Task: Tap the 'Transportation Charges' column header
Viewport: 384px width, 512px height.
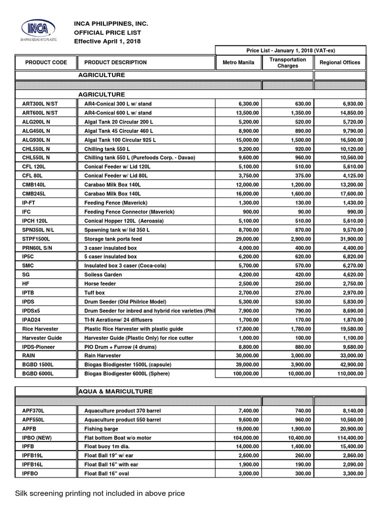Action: point(287,62)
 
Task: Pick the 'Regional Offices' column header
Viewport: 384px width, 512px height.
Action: point(340,62)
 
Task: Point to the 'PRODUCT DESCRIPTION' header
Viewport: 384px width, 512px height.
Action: point(115,62)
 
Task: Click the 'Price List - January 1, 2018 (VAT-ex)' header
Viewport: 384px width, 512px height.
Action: point(290,50)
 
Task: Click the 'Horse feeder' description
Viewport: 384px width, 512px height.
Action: point(100,284)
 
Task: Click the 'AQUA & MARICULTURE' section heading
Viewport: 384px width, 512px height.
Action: point(115,391)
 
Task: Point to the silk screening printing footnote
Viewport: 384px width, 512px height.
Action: point(100,493)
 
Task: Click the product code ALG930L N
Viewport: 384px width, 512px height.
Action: point(36,140)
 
